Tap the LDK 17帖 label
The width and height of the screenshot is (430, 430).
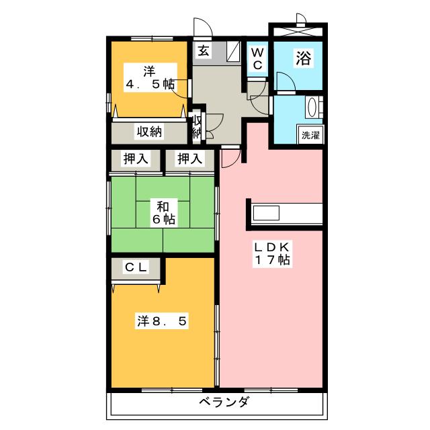[271, 253]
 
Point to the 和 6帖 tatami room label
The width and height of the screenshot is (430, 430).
[163, 212]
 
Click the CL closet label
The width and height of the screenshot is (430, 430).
[136, 267]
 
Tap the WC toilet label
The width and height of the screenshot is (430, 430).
[257, 58]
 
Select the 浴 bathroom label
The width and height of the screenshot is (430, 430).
[304, 58]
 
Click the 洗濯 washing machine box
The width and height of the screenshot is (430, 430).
[310, 134]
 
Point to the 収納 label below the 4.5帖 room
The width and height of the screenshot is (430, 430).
[150, 132]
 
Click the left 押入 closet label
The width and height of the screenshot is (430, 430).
[136, 159]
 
